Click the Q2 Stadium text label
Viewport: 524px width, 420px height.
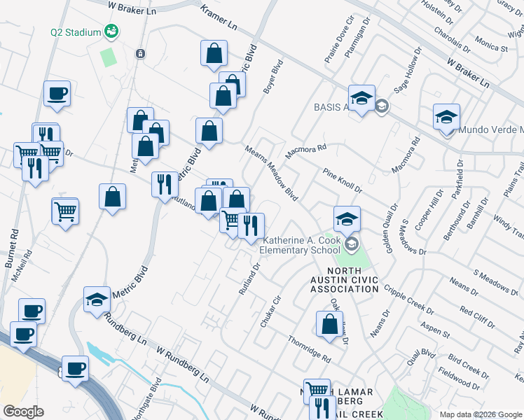coord(76,31)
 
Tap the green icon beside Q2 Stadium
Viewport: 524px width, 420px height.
coord(111,31)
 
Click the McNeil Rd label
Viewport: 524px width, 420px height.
coord(22,265)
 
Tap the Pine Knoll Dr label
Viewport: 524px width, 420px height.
coord(342,181)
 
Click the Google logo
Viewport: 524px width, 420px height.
coord(24,411)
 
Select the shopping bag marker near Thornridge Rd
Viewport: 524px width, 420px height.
coord(329,325)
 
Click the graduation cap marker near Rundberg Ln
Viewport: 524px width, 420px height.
coord(97,300)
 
